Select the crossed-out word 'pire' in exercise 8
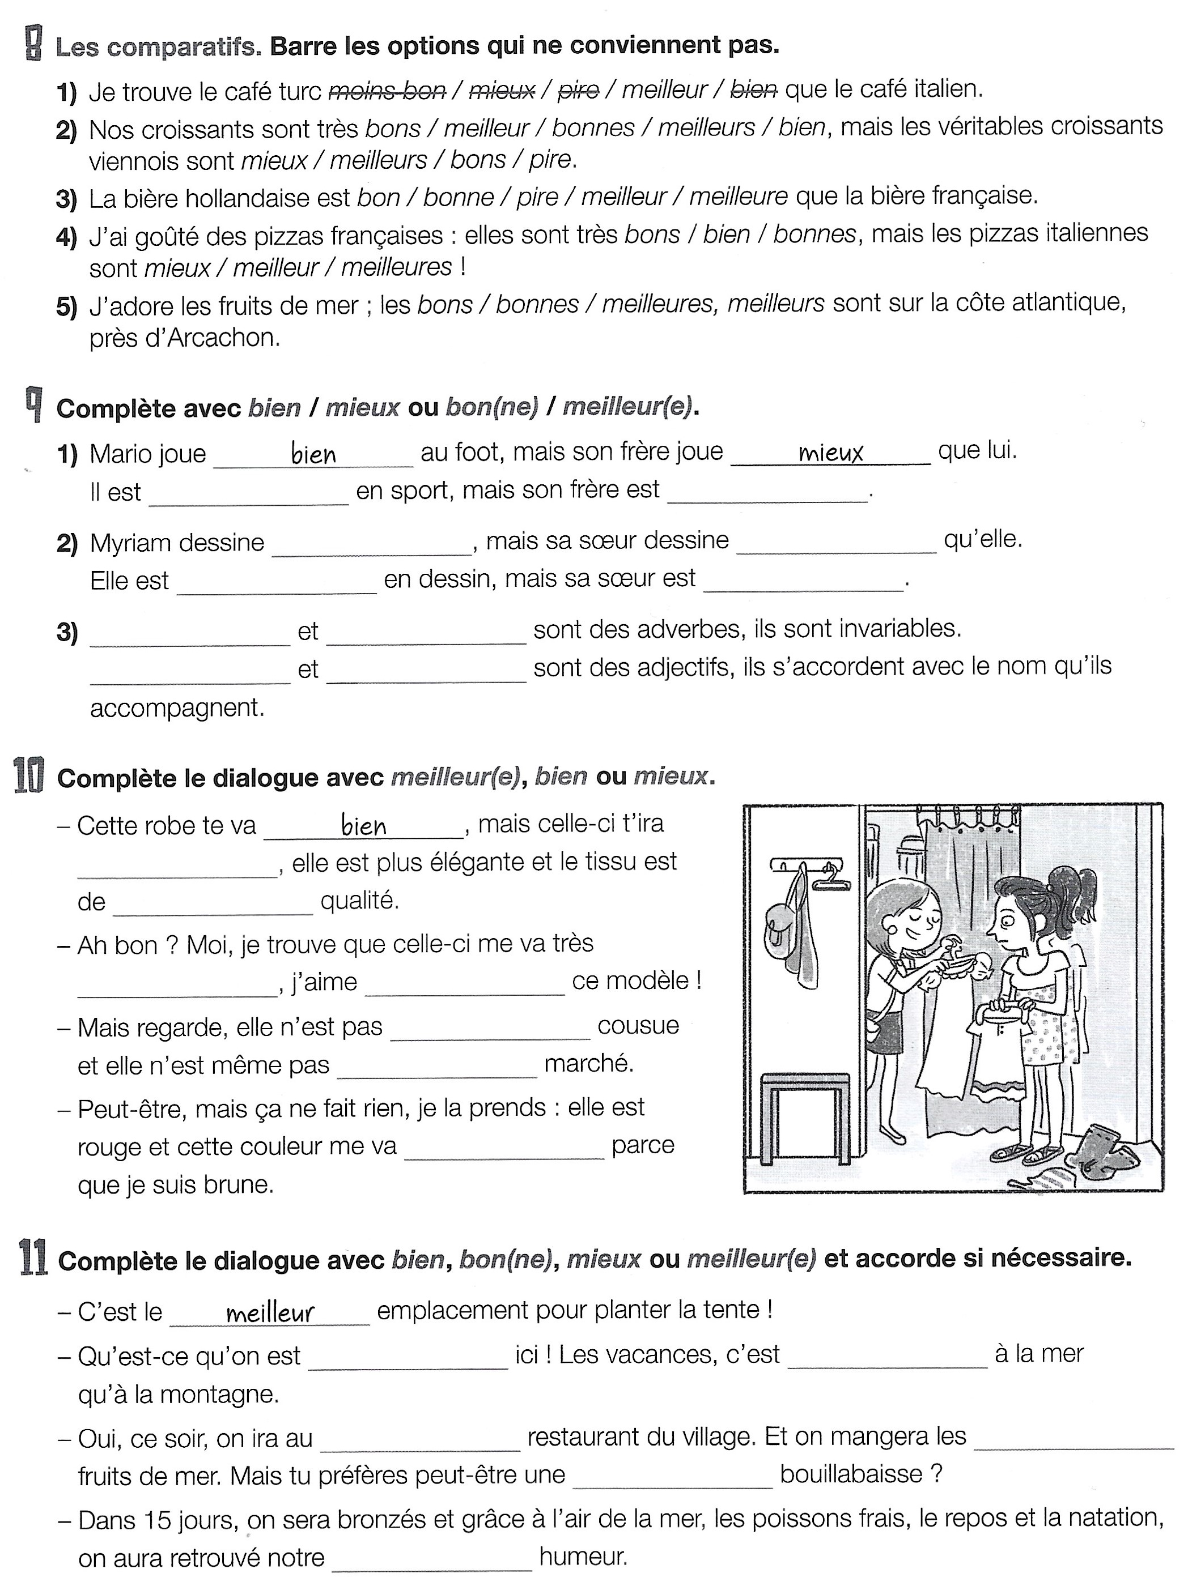point(578,89)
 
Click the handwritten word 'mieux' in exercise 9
point(831,453)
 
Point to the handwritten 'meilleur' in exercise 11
point(270,1313)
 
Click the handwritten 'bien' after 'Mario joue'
point(313,455)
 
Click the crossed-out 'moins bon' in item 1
point(387,90)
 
